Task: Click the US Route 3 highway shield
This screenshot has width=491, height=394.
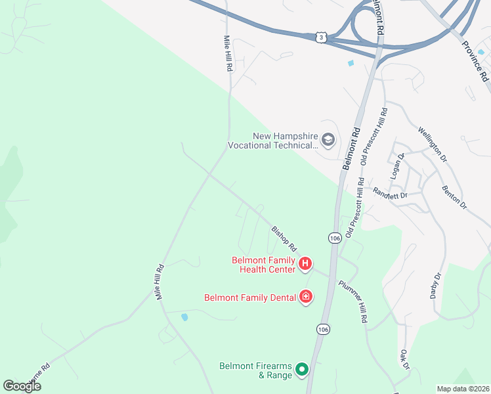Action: tap(320, 37)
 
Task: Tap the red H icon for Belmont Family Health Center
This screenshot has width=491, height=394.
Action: tap(305, 264)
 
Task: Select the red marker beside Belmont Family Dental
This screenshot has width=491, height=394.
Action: tap(305, 297)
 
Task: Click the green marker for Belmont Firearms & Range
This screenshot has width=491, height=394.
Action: tap(302, 370)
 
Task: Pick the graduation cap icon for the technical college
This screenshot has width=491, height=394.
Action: tap(328, 140)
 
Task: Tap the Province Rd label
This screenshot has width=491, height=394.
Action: tap(475, 61)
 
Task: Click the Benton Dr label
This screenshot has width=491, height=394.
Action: tap(454, 196)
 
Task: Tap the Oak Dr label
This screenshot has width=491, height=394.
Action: tap(404, 359)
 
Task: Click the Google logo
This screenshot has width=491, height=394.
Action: tap(22, 386)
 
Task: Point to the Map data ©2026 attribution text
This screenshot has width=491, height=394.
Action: tap(463, 389)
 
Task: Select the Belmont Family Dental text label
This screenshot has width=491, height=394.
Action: tap(249, 297)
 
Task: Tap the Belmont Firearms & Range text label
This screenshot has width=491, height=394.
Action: tap(257, 370)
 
